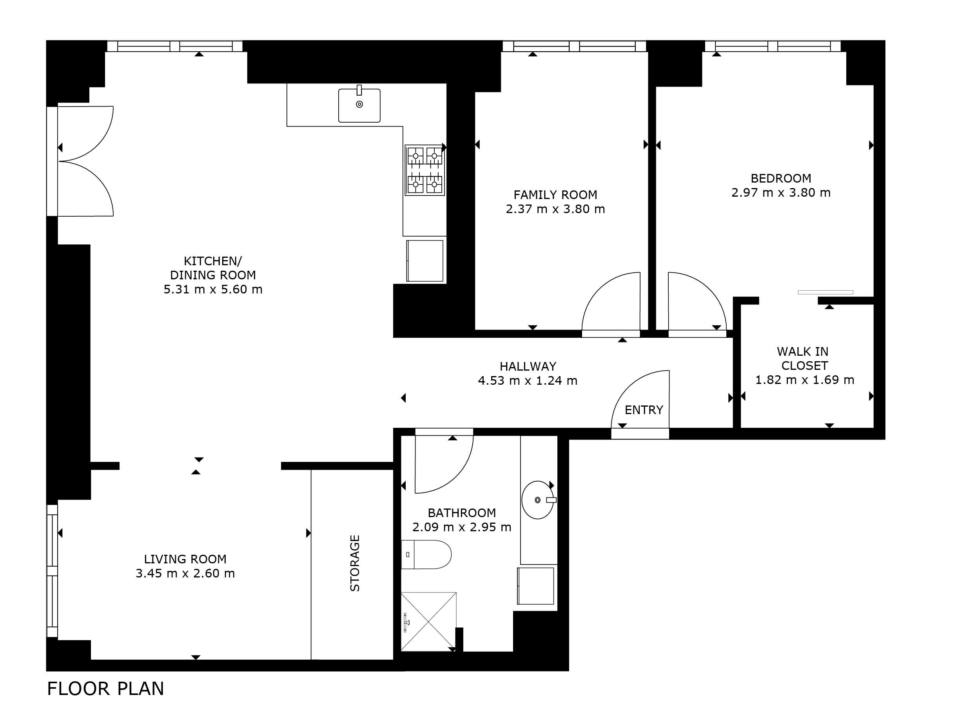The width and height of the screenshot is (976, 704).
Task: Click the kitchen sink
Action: pos(359,105)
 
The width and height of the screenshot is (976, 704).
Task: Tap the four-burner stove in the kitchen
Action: pos(425,170)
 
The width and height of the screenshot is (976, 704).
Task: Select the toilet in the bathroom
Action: pos(426,554)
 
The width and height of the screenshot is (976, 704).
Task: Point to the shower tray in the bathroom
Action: pos(428,621)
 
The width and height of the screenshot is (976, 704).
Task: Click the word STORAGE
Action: pos(355,563)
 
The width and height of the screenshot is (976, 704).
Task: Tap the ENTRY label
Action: pos(644,410)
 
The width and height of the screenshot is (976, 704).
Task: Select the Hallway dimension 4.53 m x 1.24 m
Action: pos(528,380)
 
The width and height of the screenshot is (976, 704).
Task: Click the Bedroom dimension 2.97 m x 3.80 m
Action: pos(781,193)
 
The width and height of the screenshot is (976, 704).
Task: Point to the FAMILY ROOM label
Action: pos(555,195)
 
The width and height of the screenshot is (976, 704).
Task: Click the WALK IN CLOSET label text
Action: pos(803,359)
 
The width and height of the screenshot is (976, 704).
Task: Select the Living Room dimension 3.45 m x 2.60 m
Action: pos(185,573)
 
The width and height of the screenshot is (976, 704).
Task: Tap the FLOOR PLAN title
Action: pos(105,688)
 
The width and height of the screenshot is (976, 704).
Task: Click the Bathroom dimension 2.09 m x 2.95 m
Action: pos(462,527)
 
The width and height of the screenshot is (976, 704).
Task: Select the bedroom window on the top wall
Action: pos(773,46)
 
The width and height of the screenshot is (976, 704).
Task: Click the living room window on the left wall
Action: pos(52,571)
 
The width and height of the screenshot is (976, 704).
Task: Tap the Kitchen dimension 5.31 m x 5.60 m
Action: pos(213,290)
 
